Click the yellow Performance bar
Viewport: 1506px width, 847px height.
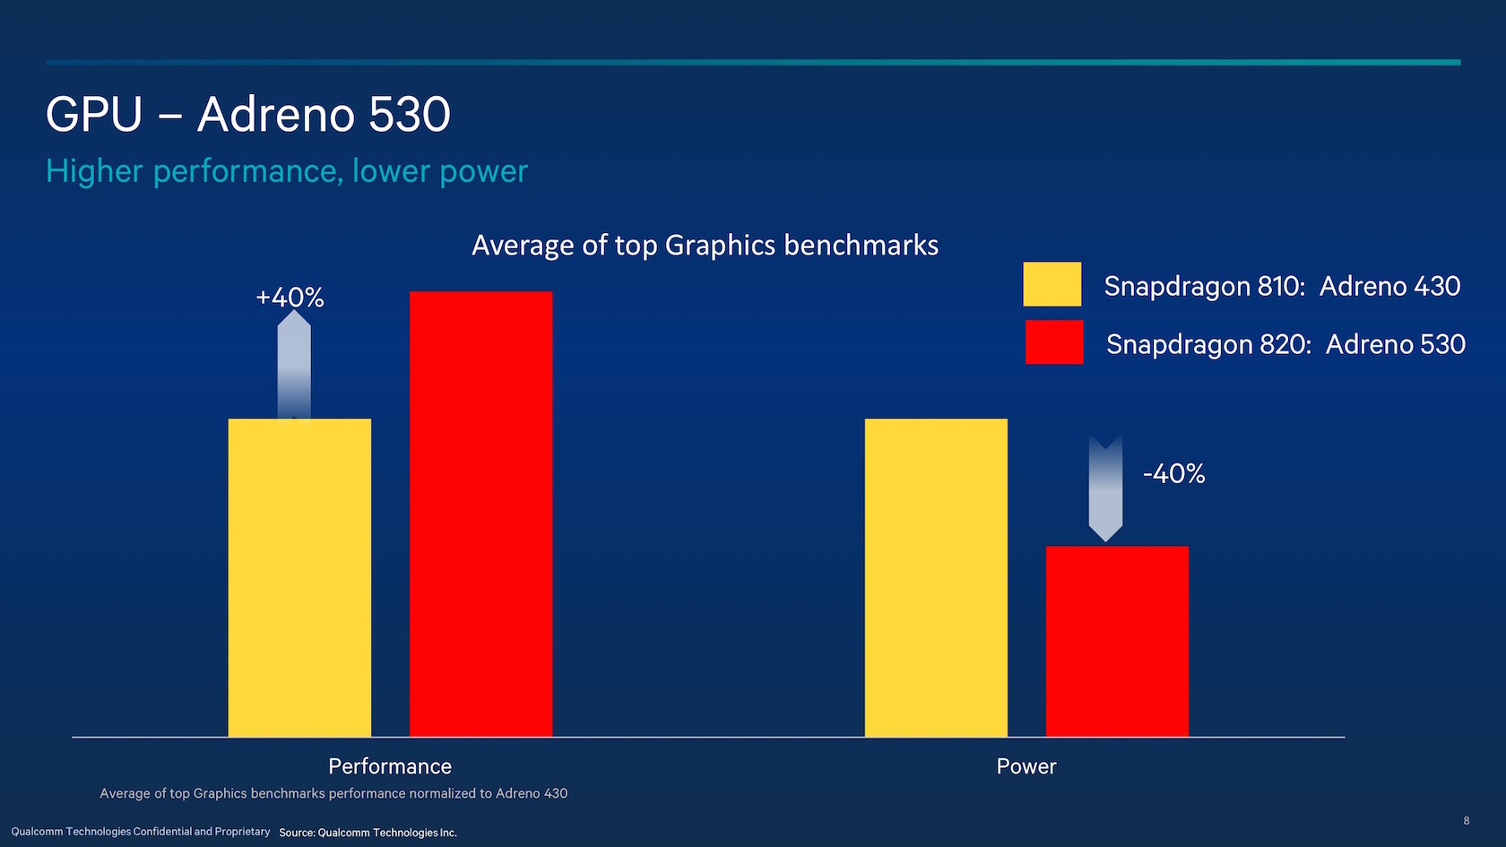[x=299, y=577]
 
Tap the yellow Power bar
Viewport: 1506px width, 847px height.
[x=936, y=577]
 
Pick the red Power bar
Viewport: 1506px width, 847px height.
[x=1117, y=641]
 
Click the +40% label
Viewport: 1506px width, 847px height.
[x=290, y=298]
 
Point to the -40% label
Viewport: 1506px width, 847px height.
[x=1173, y=473]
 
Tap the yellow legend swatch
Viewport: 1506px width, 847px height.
[x=1052, y=284]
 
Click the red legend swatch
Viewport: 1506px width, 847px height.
[x=1053, y=342]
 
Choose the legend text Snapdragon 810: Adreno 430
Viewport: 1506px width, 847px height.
[x=1282, y=286]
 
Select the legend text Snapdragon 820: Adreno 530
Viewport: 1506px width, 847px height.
[x=1285, y=344]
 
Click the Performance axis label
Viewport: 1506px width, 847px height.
[x=390, y=766]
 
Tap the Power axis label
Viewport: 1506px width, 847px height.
[x=1026, y=766]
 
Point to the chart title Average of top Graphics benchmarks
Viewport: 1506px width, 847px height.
[x=705, y=246]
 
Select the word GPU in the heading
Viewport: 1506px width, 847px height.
[x=94, y=115]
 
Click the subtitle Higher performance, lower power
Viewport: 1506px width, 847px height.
[x=287, y=171]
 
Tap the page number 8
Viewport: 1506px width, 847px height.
[x=1467, y=820]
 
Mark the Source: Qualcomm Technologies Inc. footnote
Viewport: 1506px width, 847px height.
[x=368, y=833]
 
